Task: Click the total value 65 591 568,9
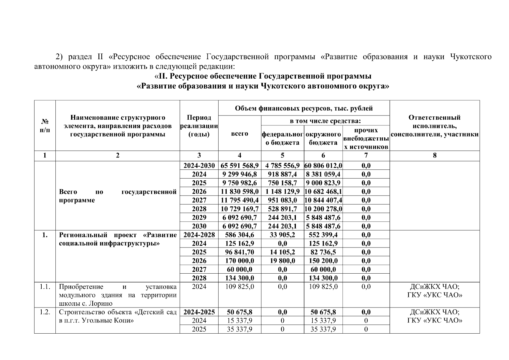coord(240,166)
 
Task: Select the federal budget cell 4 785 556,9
coord(282,166)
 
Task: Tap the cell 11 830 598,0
coord(240,191)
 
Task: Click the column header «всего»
coord(240,133)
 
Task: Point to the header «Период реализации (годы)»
coord(199,126)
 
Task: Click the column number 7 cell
coord(366,155)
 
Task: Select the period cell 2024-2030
coord(199,166)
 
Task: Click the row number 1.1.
coord(45,287)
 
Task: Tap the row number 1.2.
coord(45,312)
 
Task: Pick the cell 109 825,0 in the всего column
coord(240,287)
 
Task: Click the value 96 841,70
coord(240,252)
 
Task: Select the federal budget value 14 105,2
coord(282,252)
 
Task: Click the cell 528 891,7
coord(282,209)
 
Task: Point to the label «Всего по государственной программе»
coord(118,196)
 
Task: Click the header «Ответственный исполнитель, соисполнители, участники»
coord(435,126)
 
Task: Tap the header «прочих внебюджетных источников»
coord(366,138)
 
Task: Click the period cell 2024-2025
coord(199,312)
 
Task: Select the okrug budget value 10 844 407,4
coord(323,200)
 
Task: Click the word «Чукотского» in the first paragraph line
coord(471,57)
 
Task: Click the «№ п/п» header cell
coord(45,126)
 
